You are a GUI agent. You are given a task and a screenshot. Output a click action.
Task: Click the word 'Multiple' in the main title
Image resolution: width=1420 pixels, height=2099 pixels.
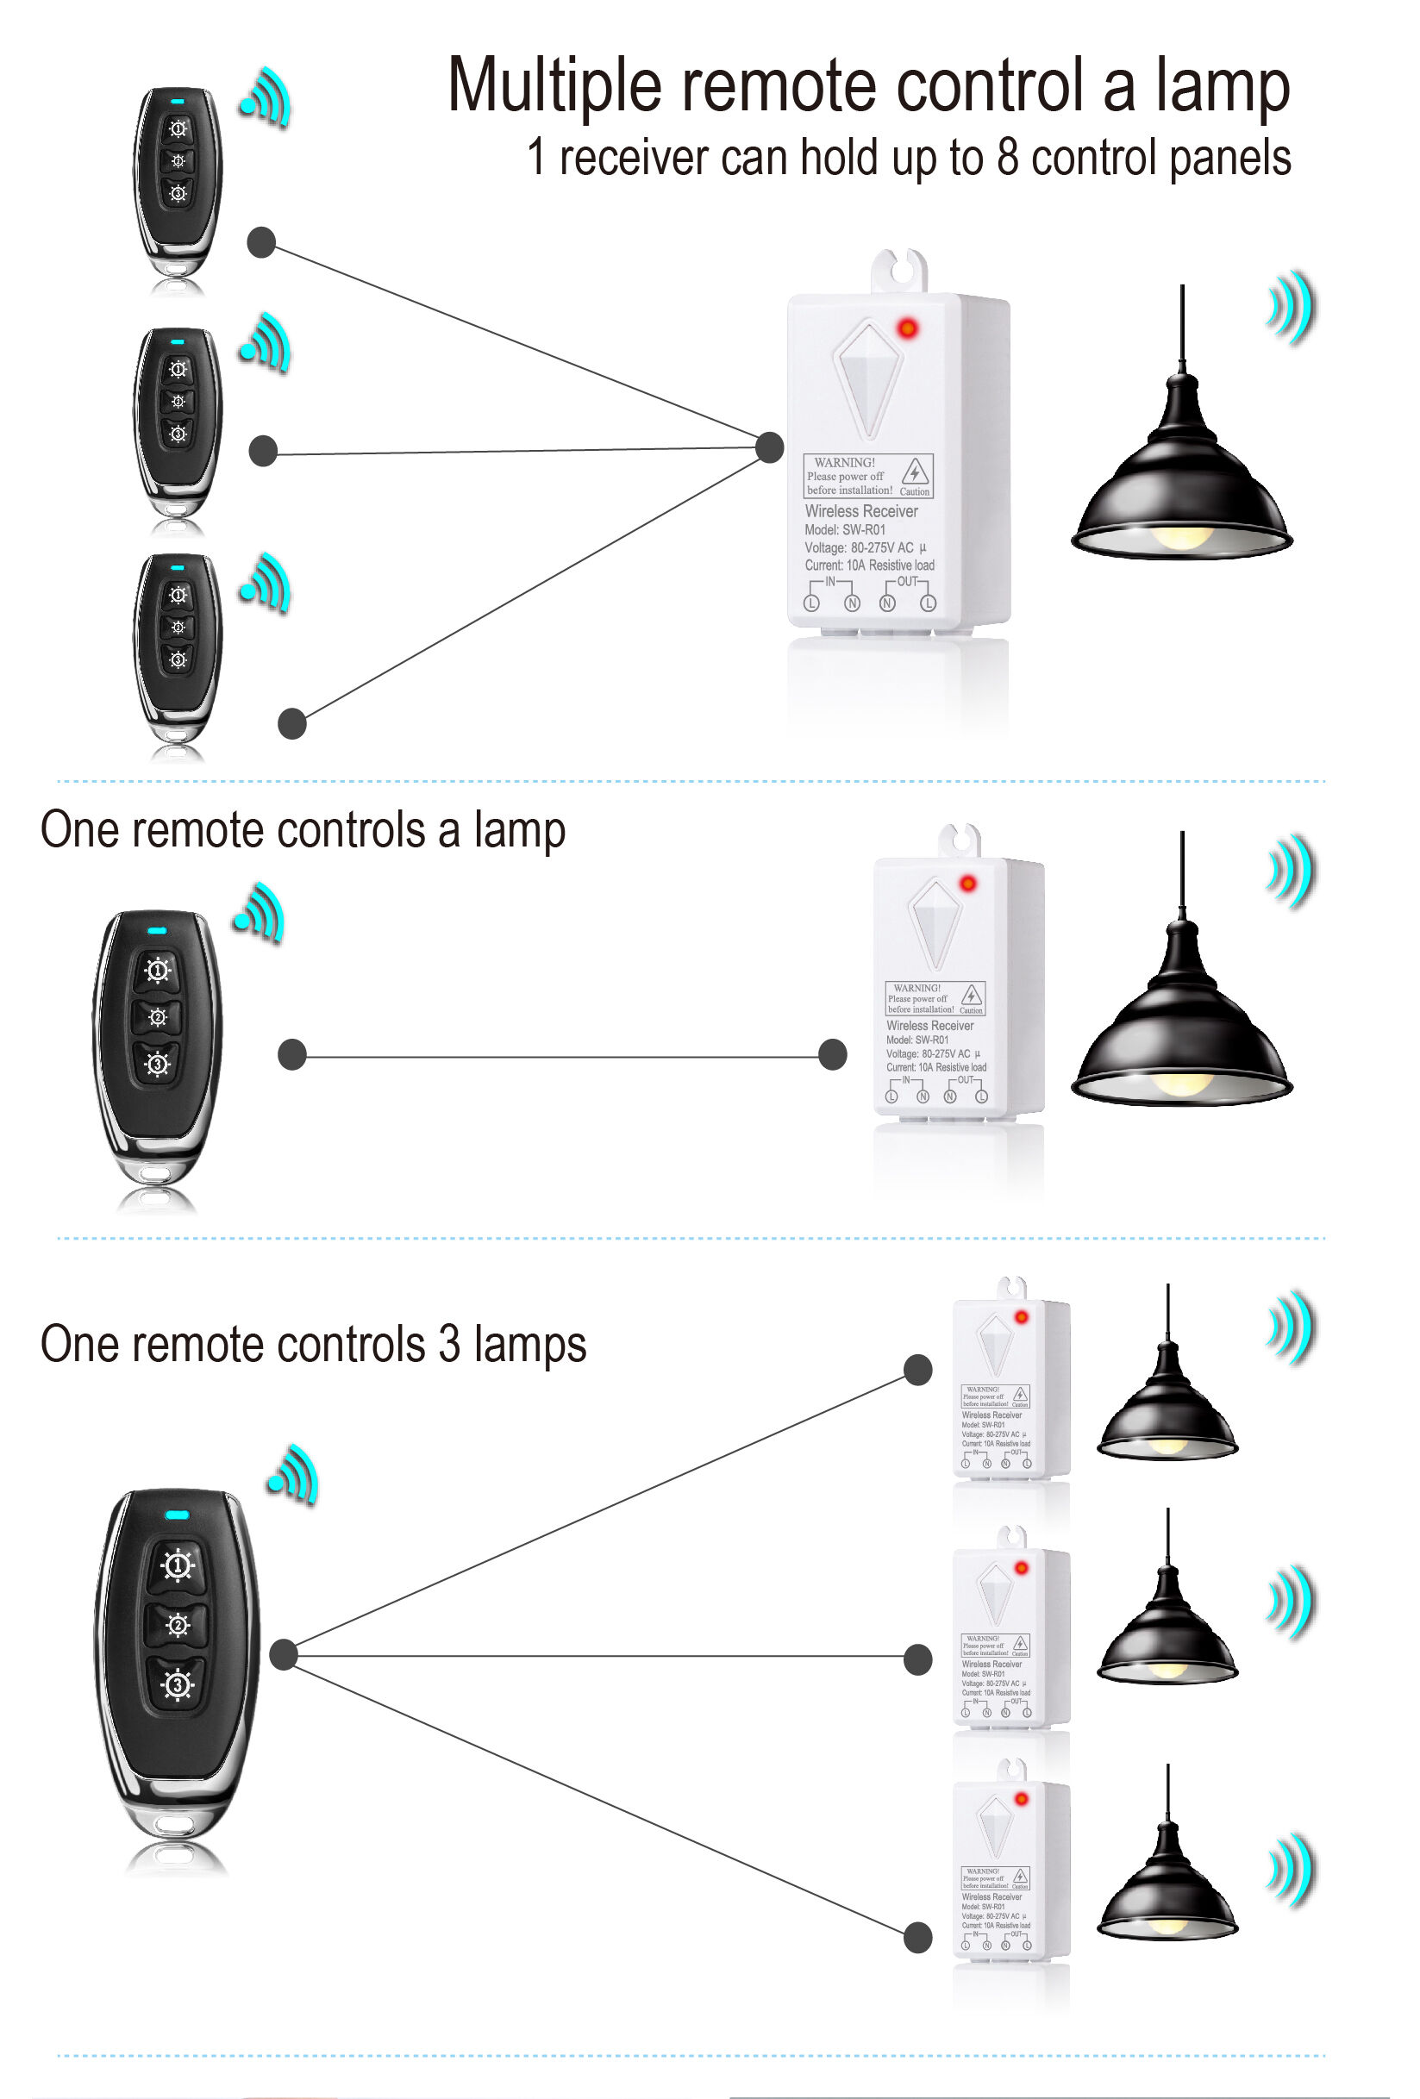click(554, 88)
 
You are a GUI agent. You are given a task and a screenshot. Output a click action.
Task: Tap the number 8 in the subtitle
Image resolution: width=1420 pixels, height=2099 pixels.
click(1006, 158)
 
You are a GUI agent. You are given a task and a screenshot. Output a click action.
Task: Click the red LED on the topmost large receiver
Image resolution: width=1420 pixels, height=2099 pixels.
click(906, 328)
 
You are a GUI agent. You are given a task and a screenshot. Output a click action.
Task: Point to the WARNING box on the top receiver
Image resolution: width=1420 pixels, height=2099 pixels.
click(867, 476)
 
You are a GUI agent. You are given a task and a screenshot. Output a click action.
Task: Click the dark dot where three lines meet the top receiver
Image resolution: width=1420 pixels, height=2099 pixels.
click(769, 447)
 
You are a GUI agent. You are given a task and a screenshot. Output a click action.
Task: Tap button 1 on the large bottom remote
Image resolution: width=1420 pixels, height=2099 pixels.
click(177, 1565)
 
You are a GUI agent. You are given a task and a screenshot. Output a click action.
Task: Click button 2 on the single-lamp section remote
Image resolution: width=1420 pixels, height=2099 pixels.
click(157, 1017)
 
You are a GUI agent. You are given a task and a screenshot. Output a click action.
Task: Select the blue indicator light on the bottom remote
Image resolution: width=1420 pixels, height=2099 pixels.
click(177, 1515)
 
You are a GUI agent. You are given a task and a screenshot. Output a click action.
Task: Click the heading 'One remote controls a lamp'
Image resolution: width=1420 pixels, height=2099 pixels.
click(303, 829)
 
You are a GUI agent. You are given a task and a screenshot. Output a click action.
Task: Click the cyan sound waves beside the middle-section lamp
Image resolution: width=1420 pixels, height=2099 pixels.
click(1291, 871)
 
